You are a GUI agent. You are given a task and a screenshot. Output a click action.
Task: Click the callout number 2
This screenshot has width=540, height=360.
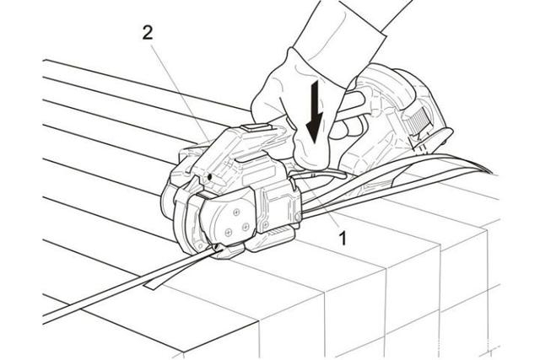tap(148, 34)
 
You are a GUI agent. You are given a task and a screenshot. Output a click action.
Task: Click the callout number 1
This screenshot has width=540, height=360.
tap(342, 238)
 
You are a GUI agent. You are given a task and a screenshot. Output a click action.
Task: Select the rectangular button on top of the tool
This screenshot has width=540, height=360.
tap(256, 127)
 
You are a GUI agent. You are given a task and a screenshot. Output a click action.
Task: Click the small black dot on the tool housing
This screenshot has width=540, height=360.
tap(209, 177)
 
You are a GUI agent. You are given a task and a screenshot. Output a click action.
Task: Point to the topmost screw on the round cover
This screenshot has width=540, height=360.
tap(236, 212)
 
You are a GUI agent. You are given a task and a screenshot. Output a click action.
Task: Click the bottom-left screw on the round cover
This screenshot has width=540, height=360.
tap(229, 233)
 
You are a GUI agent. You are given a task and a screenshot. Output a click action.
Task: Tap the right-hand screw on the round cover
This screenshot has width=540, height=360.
tap(246, 226)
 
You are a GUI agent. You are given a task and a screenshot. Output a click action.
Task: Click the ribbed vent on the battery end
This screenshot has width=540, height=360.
tap(418, 120)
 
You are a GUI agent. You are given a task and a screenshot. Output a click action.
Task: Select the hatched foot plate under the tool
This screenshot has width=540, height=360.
tap(278, 232)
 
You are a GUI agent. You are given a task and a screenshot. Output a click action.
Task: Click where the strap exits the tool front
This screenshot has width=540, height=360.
tap(217, 249)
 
